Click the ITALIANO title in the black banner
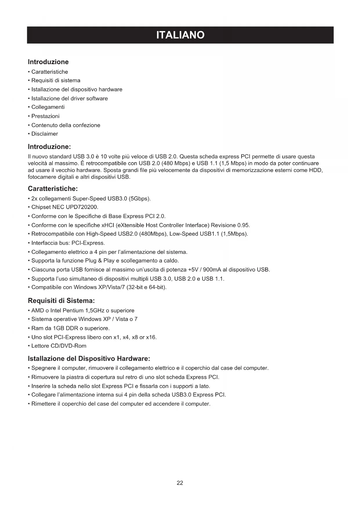[x=180, y=35]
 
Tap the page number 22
[x=180, y=483]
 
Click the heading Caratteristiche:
[x=53, y=189]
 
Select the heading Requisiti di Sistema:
[x=61, y=300]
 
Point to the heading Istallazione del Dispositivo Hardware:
[x=89, y=358]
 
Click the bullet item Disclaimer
[x=45, y=134]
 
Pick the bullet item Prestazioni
[x=45, y=116]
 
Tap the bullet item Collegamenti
[x=48, y=107]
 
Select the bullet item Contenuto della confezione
[x=66, y=125]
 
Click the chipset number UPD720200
[x=82, y=207]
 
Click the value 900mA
[x=212, y=270]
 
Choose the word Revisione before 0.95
[x=223, y=225]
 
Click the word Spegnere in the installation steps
[x=44, y=368]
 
